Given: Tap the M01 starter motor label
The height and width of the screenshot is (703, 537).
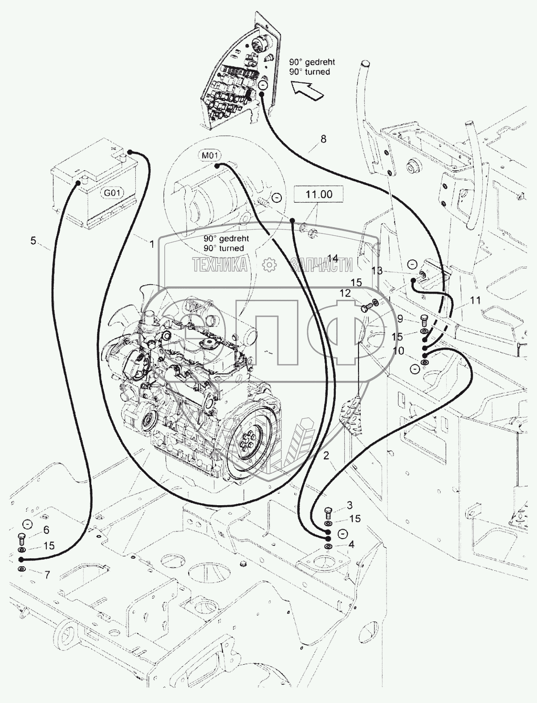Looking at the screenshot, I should (210, 155).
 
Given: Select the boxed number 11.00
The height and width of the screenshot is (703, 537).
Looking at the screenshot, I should (318, 194).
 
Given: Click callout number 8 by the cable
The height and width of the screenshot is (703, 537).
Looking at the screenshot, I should (323, 139).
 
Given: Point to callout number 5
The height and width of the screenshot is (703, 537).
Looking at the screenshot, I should (33, 241).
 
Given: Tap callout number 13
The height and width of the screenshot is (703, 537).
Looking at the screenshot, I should (377, 270).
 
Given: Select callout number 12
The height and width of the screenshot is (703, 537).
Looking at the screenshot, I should (346, 293).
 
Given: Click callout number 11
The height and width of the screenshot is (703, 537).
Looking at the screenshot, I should (475, 300).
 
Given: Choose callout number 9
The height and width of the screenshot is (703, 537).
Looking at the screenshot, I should (400, 319).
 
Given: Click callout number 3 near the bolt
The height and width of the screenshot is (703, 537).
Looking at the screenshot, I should (350, 505).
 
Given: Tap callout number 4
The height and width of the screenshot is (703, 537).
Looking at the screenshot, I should (351, 544).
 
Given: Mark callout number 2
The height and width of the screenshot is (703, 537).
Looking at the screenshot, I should (326, 455).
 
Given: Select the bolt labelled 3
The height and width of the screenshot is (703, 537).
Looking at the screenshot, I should (328, 511).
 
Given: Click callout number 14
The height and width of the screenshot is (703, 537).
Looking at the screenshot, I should (332, 258).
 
